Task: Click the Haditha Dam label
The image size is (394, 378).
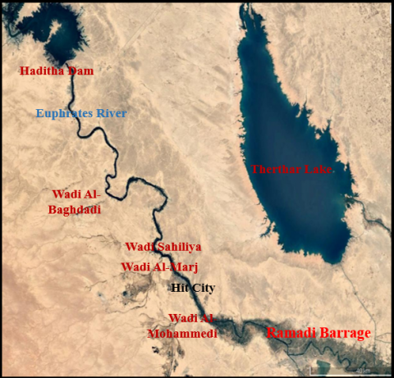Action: tap(56, 71)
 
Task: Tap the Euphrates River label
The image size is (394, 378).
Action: tap(81, 113)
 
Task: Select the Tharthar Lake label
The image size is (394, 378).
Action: tap(291, 169)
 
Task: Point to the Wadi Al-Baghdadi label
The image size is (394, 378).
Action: tap(76, 202)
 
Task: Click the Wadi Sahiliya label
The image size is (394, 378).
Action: tap(163, 247)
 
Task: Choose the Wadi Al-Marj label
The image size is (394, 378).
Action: tap(159, 266)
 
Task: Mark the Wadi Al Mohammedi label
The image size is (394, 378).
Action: tap(181, 326)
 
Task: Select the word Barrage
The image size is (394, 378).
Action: tap(343, 334)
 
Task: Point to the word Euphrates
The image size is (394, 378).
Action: tap(63, 113)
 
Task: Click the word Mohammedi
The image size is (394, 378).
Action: tap(181, 334)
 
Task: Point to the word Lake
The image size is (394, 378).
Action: tap(317, 169)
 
